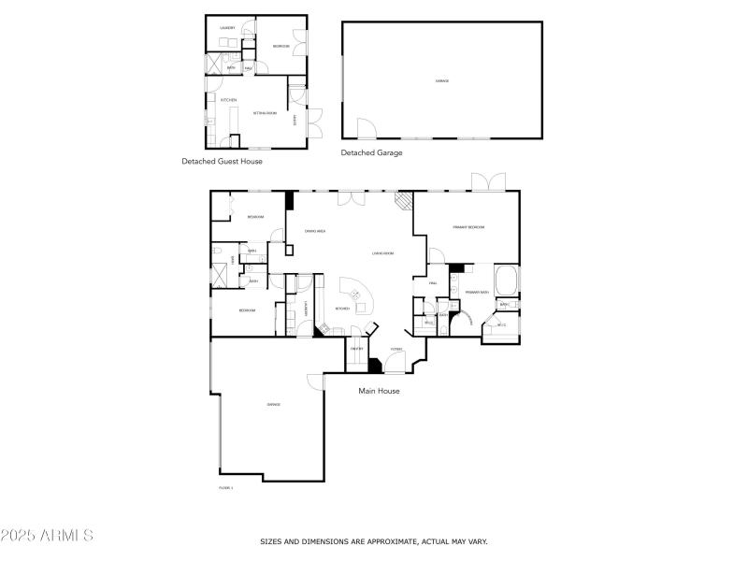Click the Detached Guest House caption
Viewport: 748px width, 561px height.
point(222,161)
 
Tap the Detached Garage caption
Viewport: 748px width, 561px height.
point(371,152)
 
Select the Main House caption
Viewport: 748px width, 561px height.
point(379,391)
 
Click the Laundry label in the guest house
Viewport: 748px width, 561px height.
point(227,28)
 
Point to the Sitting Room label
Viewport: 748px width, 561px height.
point(265,113)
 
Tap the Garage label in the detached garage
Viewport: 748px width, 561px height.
point(442,81)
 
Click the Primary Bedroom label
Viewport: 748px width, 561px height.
point(467,227)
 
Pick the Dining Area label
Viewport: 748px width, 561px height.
point(314,231)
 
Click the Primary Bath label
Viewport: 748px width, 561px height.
point(477,293)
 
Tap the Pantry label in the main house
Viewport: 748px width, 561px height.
point(356,349)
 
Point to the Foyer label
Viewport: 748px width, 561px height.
point(396,349)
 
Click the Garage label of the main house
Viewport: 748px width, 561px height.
point(274,404)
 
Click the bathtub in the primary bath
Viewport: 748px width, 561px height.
point(506,280)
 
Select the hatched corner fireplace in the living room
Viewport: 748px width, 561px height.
point(403,200)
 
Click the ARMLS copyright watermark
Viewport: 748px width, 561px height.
point(47,536)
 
